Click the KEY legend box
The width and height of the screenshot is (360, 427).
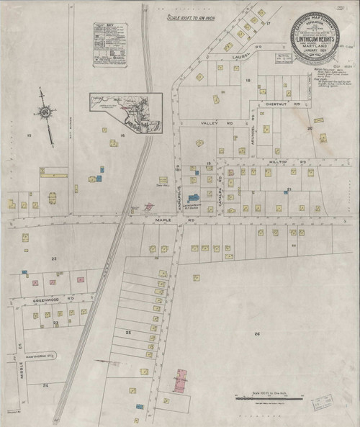point(109,45)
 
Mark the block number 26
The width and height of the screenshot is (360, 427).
point(257,334)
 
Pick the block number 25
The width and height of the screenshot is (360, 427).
point(128,332)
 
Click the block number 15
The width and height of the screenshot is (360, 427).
point(30,135)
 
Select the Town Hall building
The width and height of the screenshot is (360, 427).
point(163,180)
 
